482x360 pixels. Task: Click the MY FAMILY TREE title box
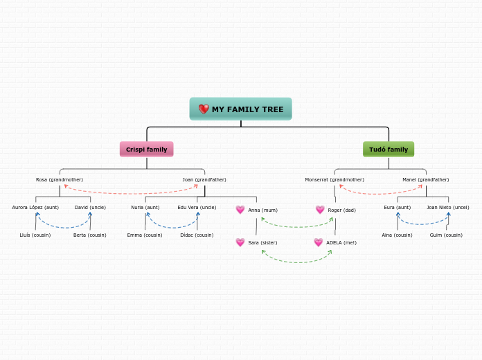(x=241, y=109)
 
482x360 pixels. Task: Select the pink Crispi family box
(x=146, y=149)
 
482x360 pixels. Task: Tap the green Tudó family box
(x=389, y=149)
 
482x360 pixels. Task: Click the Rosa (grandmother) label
(x=60, y=179)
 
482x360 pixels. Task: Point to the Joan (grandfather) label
(x=204, y=179)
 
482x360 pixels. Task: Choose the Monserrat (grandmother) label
(x=334, y=179)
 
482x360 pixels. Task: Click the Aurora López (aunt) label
(x=35, y=207)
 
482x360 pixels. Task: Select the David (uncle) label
(x=91, y=207)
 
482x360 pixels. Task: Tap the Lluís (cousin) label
(x=35, y=235)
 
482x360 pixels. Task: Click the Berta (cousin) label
(x=90, y=235)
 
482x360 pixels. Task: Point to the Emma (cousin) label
(x=145, y=235)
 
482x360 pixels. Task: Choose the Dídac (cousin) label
(x=197, y=235)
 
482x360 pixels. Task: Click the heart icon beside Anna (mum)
(x=240, y=210)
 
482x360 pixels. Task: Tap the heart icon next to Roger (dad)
(x=320, y=210)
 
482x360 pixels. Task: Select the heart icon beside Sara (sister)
(x=240, y=242)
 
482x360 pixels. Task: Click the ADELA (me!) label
(x=341, y=242)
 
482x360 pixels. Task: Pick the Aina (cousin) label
(x=397, y=235)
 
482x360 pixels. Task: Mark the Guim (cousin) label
(x=446, y=235)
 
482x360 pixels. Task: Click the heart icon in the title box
(x=204, y=109)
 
